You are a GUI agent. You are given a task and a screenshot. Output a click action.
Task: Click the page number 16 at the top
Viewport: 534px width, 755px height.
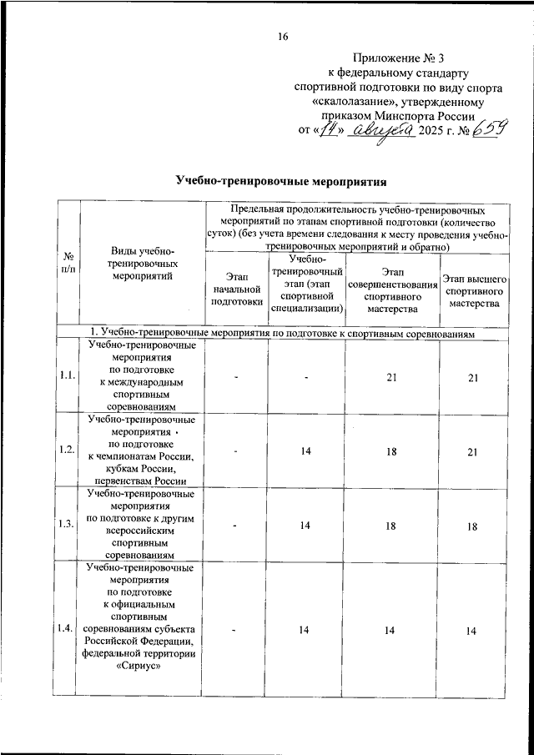(x=283, y=36)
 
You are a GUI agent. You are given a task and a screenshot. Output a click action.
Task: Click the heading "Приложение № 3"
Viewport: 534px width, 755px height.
(x=400, y=58)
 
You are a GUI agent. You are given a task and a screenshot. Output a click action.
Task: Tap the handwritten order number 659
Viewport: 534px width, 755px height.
(x=485, y=130)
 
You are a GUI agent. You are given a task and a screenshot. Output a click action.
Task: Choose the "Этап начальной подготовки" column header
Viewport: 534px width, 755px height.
(x=236, y=287)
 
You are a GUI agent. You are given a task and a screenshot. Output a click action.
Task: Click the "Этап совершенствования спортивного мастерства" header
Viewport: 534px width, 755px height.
(x=391, y=287)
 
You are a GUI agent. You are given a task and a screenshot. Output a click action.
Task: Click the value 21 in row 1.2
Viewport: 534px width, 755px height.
(x=473, y=451)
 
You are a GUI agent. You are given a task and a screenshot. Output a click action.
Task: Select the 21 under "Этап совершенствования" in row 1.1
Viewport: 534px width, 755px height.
(x=391, y=378)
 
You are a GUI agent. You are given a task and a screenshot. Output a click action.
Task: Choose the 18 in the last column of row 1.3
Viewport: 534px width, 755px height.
(x=473, y=525)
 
